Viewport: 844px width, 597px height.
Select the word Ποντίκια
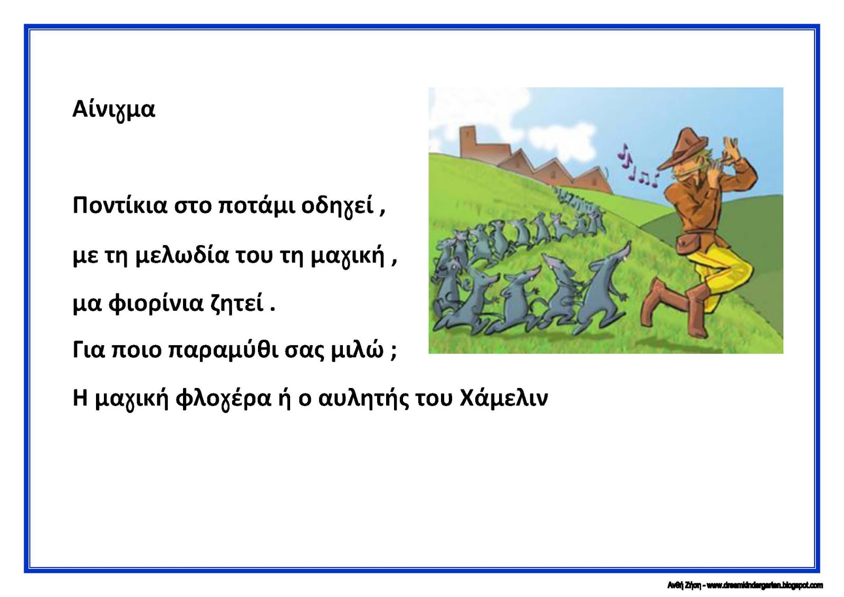[x=119, y=206]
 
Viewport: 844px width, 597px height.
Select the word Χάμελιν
[x=504, y=398]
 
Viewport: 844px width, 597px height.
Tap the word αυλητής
[x=363, y=399]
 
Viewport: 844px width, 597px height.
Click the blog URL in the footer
[x=764, y=585]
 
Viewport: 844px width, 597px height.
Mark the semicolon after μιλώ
[x=394, y=352]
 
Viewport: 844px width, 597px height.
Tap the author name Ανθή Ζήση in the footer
[x=684, y=585]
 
